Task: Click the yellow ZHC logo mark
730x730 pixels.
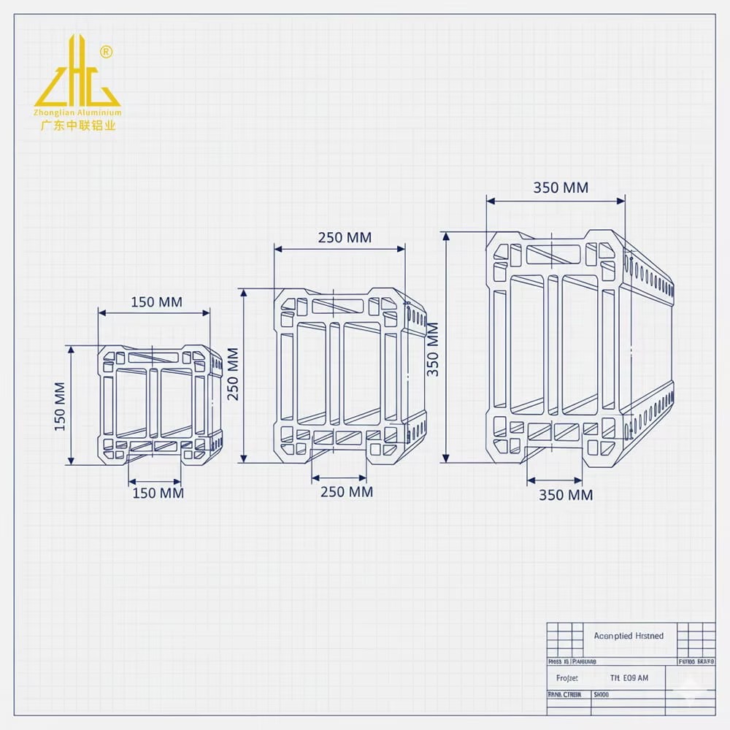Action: click(77, 73)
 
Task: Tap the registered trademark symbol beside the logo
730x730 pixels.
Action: click(107, 52)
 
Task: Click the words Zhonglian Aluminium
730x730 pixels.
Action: click(77, 113)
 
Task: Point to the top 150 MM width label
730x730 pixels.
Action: click(156, 302)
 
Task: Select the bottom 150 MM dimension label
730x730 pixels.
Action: click(158, 493)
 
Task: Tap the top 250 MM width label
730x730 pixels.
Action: click(345, 237)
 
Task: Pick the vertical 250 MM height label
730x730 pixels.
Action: click(233, 374)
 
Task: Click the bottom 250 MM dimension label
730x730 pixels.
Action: click(347, 492)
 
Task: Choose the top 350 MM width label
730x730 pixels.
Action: click(561, 188)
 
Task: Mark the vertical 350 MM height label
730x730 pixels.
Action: click(433, 349)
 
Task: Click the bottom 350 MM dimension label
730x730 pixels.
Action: click(566, 495)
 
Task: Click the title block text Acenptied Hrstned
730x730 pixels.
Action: click(629, 636)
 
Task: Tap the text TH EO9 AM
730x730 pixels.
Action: click(629, 678)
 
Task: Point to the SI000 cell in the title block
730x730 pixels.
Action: click(602, 695)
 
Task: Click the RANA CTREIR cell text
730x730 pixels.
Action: click(564, 695)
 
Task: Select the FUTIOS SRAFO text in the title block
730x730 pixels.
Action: click(696, 661)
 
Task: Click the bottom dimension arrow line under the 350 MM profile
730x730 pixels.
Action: click(554, 480)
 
